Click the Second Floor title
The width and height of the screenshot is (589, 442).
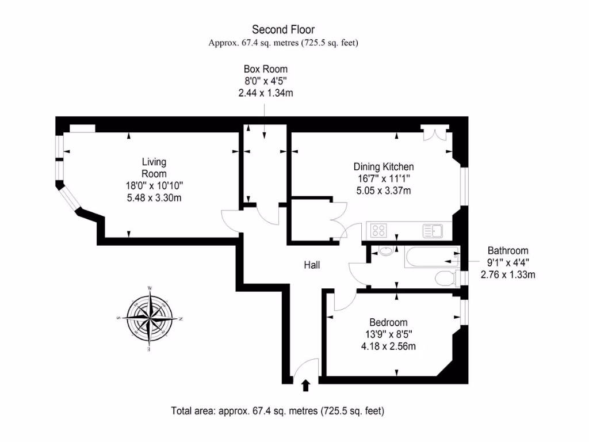[284, 29]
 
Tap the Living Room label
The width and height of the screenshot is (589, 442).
[154, 168]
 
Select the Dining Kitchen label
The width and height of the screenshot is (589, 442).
[383, 167]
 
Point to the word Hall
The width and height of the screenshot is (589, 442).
[312, 265]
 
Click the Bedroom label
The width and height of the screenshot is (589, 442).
[388, 322]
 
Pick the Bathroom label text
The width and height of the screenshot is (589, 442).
[508, 251]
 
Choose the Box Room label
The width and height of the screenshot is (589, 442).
[265, 69]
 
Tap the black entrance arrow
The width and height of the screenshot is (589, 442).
[305, 385]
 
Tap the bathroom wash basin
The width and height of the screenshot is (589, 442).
[386, 251]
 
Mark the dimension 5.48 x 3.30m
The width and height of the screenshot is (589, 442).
[154, 198]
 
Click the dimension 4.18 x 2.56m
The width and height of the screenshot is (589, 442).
[388, 346]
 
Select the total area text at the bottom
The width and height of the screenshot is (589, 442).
[278, 411]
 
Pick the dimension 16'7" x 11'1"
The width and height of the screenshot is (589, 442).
[383, 179]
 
